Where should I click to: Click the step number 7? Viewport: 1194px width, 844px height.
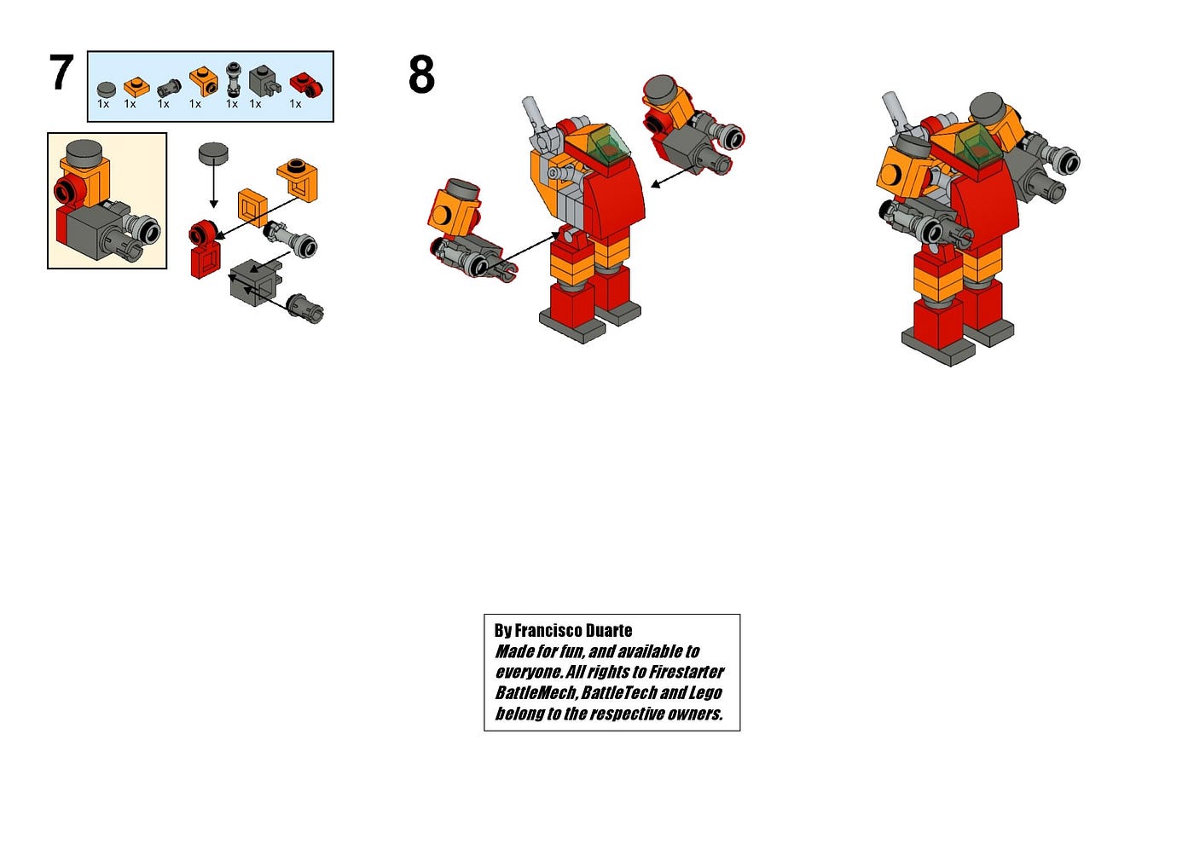pyautogui.click(x=61, y=72)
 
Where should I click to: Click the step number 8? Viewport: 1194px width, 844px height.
pyautogui.click(x=421, y=74)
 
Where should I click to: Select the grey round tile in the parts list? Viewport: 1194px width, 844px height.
pyautogui.click(x=106, y=89)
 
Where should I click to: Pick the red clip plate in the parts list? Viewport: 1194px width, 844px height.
pyautogui.click(x=306, y=85)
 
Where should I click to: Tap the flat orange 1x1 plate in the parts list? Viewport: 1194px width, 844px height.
pyautogui.click(x=136, y=87)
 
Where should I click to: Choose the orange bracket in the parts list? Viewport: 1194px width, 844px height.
pyautogui.click(x=204, y=81)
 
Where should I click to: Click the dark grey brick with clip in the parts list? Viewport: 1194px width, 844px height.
pyautogui.click(x=265, y=80)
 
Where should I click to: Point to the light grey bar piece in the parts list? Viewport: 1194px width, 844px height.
pyautogui.click(x=234, y=79)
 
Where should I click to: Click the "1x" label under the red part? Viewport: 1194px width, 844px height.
pyautogui.click(x=295, y=104)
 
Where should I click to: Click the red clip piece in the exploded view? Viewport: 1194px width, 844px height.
pyautogui.click(x=204, y=249)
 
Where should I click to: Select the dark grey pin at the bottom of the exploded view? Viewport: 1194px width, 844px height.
pyautogui.click(x=305, y=309)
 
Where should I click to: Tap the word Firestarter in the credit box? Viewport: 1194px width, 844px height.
pyautogui.click(x=687, y=672)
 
